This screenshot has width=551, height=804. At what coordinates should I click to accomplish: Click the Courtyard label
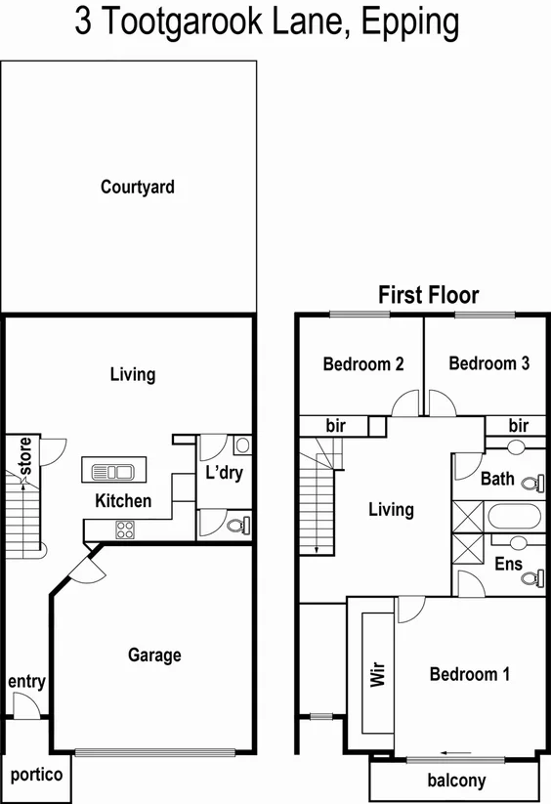coord(137,186)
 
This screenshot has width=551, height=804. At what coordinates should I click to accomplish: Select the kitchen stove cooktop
coord(125,529)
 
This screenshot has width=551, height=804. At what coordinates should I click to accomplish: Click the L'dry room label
coord(223,474)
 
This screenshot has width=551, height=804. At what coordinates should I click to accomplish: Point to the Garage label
coord(154,655)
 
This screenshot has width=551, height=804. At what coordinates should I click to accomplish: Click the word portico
coord(36,775)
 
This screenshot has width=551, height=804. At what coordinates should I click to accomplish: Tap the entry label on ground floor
coord(26,681)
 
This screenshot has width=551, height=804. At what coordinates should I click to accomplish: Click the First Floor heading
coord(429,295)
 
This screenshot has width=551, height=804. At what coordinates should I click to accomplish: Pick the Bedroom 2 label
coord(363,364)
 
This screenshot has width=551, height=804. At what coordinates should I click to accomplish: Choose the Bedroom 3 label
coord(488,363)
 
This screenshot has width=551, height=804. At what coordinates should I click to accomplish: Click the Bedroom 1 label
coord(469,674)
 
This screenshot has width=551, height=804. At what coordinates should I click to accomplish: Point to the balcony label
coord(456,781)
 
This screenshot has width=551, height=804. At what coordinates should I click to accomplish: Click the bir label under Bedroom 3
coord(518,426)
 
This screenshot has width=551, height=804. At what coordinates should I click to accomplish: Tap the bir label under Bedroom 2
coord(336,426)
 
